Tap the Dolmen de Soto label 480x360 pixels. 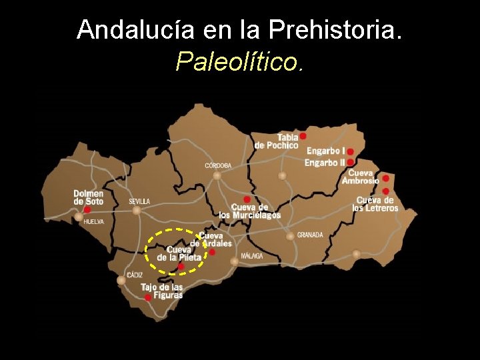88,197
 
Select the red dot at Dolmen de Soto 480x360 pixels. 87,209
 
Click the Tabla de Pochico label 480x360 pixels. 277,141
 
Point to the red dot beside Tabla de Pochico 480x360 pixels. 303,135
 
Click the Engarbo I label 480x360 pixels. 325,151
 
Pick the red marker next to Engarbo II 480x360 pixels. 350,162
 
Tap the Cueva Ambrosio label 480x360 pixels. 360,177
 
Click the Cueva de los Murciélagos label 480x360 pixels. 249,211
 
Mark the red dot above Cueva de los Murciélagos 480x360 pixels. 247,199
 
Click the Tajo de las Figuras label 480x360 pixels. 161,291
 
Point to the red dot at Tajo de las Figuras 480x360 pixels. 148,298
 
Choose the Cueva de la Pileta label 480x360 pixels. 179,254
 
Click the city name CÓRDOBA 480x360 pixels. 218,165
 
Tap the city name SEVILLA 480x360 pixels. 139,201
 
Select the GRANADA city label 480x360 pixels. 310,235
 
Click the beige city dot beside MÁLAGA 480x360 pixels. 234,261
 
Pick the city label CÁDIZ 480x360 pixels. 135,275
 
